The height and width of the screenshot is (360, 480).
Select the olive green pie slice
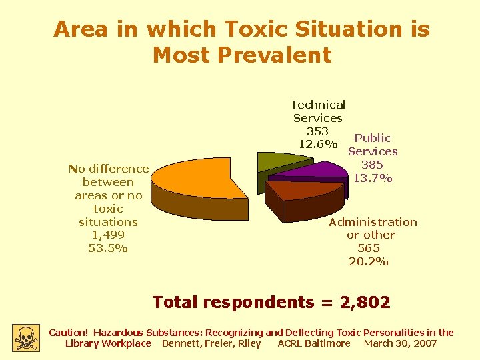(273, 161)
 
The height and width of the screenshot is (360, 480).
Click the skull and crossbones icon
(25, 337)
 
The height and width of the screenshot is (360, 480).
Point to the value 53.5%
(108, 248)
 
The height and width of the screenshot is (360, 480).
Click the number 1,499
(108, 235)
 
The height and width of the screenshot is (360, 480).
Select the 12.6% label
(318, 144)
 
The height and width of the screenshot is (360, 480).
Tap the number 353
(317, 131)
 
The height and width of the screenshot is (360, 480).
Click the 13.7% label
(373, 178)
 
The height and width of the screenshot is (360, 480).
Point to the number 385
(372, 165)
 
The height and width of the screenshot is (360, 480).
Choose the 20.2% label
(369, 261)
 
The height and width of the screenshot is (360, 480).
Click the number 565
(369, 248)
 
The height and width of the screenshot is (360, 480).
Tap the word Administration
(373, 222)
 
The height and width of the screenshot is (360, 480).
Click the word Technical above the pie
(318, 105)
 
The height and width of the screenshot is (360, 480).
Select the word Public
(373, 138)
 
